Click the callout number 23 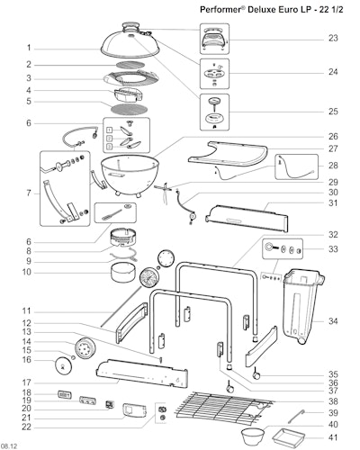pyautogui.click(x=333, y=38)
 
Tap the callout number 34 pyautogui.click(x=333, y=321)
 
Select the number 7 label pyautogui.click(x=29, y=193)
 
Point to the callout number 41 pyautogui.click(x=333, y=437)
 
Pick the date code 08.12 pyautogui.click(x=9, y=446)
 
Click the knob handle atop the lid pyautogui.click(x=130, y=25)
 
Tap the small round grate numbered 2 pyautogui.click(x=130, y=65)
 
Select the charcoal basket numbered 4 pyautogui.click(x=129, y=94)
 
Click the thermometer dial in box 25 pyautogui.click(x=214, y=101)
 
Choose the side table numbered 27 pyautogui.click(x=228, y=154)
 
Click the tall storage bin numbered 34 pyautogui.click(x=303, y=306)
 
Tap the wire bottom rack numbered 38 pyautogui.click(x=224, y=409)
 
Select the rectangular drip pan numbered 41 pyautogui.click(x=288, y=436)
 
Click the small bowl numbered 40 pyautogui.click(x=253, y=436)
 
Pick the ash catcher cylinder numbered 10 pyautogui.click(x=122, y=273)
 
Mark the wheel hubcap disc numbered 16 pyautogui.click(x=64, y=366)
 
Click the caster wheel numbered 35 pyautogui.click(x=256, y=374)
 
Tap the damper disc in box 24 pyautogui.click(x=214, y=73)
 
